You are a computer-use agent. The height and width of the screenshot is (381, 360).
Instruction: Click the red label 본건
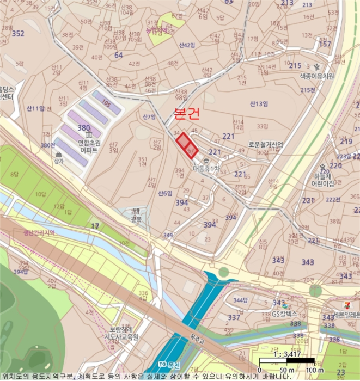point(186,114)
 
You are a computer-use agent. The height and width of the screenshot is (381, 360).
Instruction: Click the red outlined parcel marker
point(186,145)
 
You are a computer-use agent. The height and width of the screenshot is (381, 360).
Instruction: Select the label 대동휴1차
point(206,169)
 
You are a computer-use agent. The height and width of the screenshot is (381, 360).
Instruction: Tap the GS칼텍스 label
point(284,314)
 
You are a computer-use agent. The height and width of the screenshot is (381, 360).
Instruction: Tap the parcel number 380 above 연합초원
point(84,128)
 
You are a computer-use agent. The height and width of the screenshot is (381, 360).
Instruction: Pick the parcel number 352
point(18,34)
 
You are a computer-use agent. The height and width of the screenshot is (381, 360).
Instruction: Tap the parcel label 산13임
point(260,103)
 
